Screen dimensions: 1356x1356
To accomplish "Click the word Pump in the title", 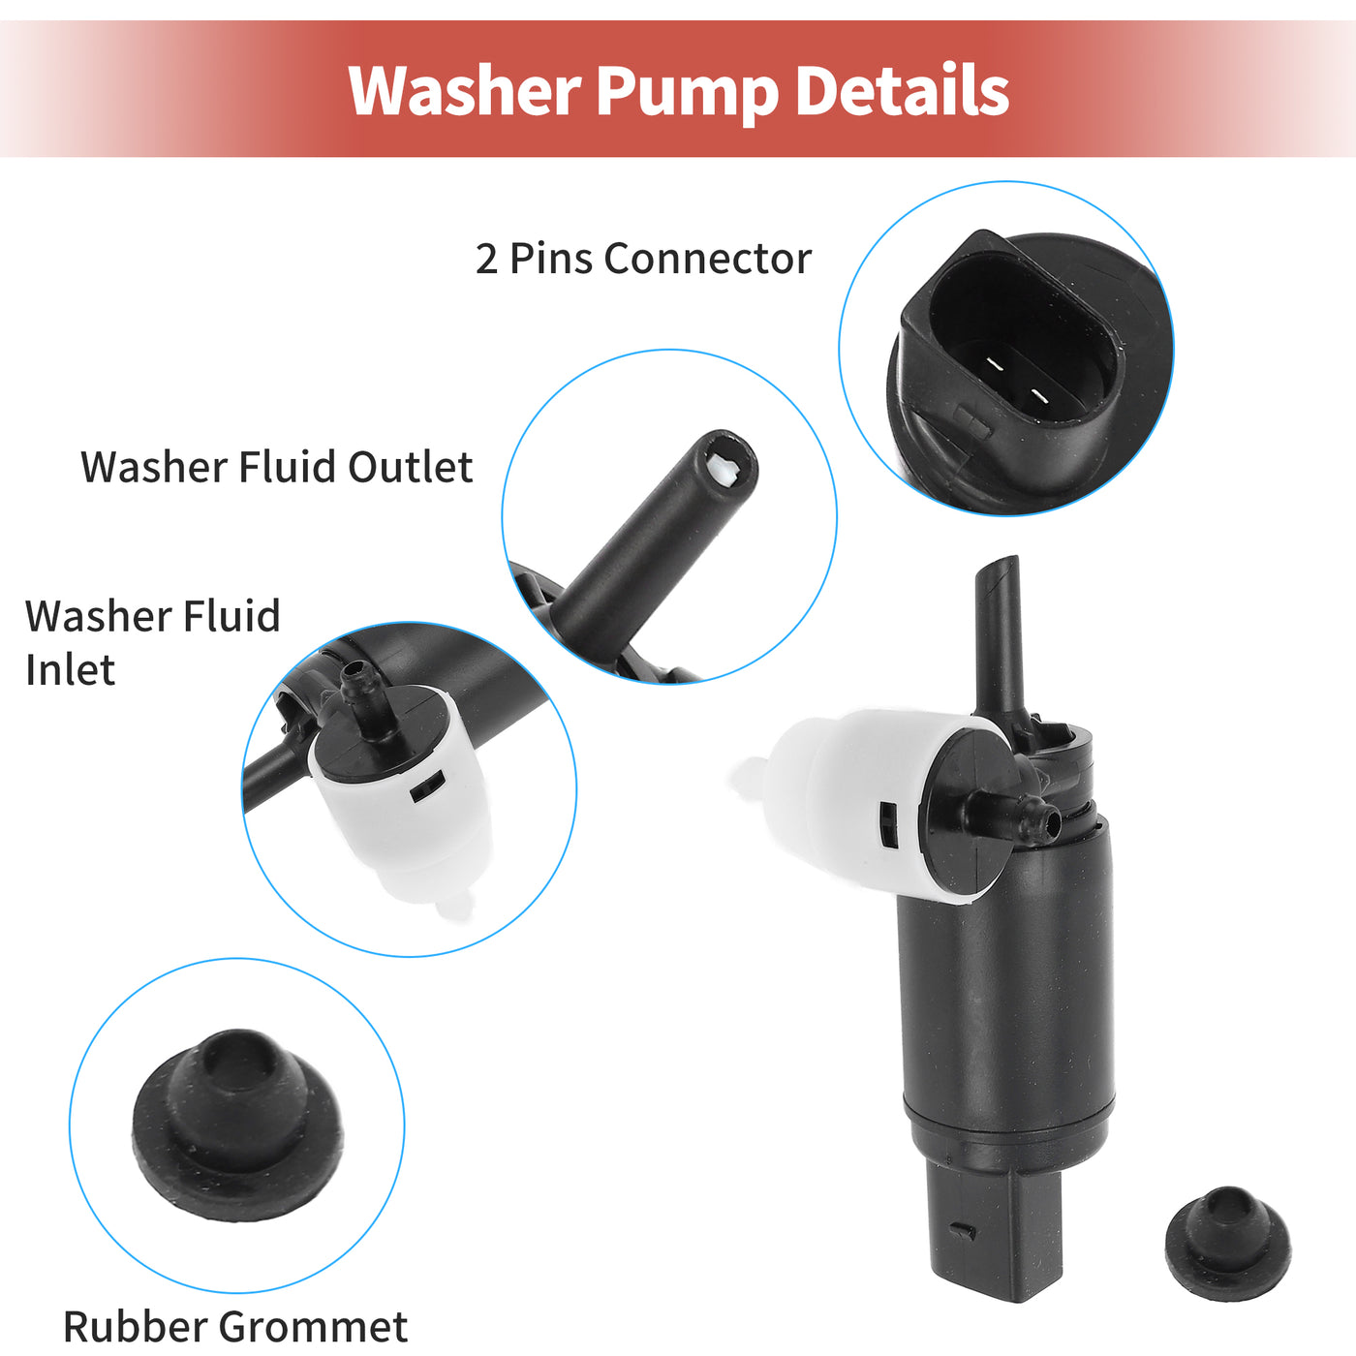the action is (688, 93).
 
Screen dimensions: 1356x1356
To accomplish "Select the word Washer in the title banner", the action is (464, 90).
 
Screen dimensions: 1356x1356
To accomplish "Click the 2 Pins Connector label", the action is (643, 259).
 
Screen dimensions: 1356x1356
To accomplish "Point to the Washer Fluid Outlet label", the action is (277, 467).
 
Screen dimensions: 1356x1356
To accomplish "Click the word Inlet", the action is (70, 669).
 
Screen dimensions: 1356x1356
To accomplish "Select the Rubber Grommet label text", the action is (235, 1326).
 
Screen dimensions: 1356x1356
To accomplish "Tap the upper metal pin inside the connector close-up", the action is (995, 364).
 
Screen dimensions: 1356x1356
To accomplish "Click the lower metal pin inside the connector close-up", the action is (1038, 397).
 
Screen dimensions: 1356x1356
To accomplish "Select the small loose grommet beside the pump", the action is (1228, 1243).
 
